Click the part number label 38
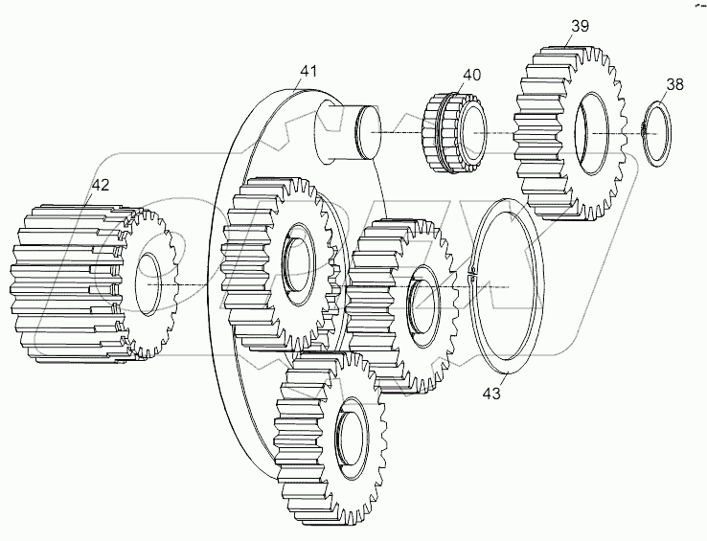pyautogui.click(x=674, y=85)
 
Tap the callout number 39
pyautogui.click(x=580, y=26)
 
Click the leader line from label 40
pyautogui.click(x=465, y=89)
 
